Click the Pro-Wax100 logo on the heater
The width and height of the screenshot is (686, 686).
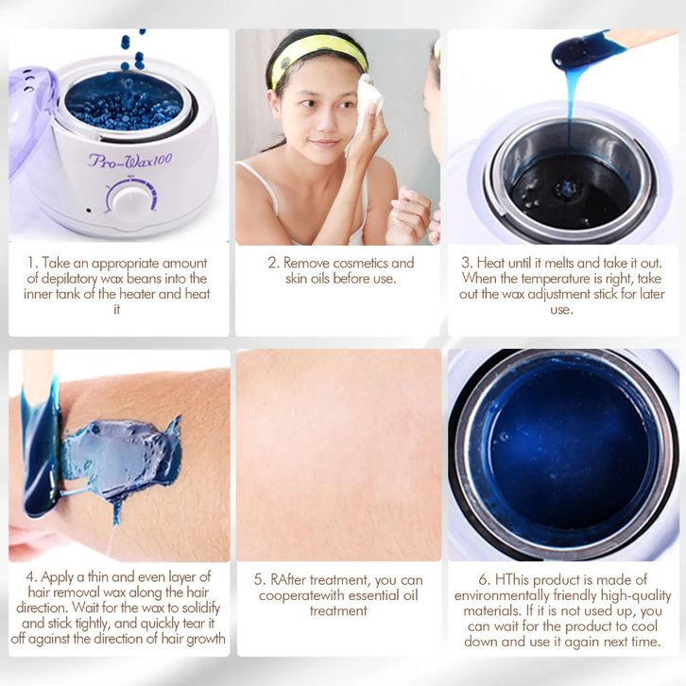coord(130,160)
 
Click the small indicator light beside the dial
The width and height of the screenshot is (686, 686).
coord(89,210)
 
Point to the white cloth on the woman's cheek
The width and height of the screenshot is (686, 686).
coord(366,110)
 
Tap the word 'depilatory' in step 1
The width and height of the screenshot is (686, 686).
coord(71,279)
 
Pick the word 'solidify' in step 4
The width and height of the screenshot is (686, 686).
coord(201,609)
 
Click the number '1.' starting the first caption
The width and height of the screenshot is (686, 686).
coord(32,263)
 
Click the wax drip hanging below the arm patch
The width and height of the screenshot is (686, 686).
coord(116,513)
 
